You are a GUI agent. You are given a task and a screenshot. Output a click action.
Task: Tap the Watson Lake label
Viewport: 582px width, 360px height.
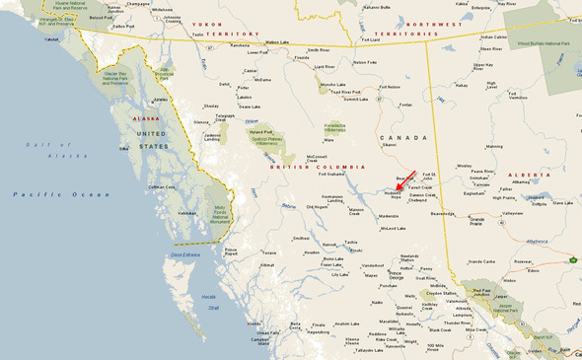point(281,42)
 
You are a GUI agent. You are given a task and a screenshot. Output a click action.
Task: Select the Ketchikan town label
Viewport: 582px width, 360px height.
point(186,213)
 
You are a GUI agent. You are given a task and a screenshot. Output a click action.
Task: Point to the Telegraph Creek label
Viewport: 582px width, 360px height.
point(225,116)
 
